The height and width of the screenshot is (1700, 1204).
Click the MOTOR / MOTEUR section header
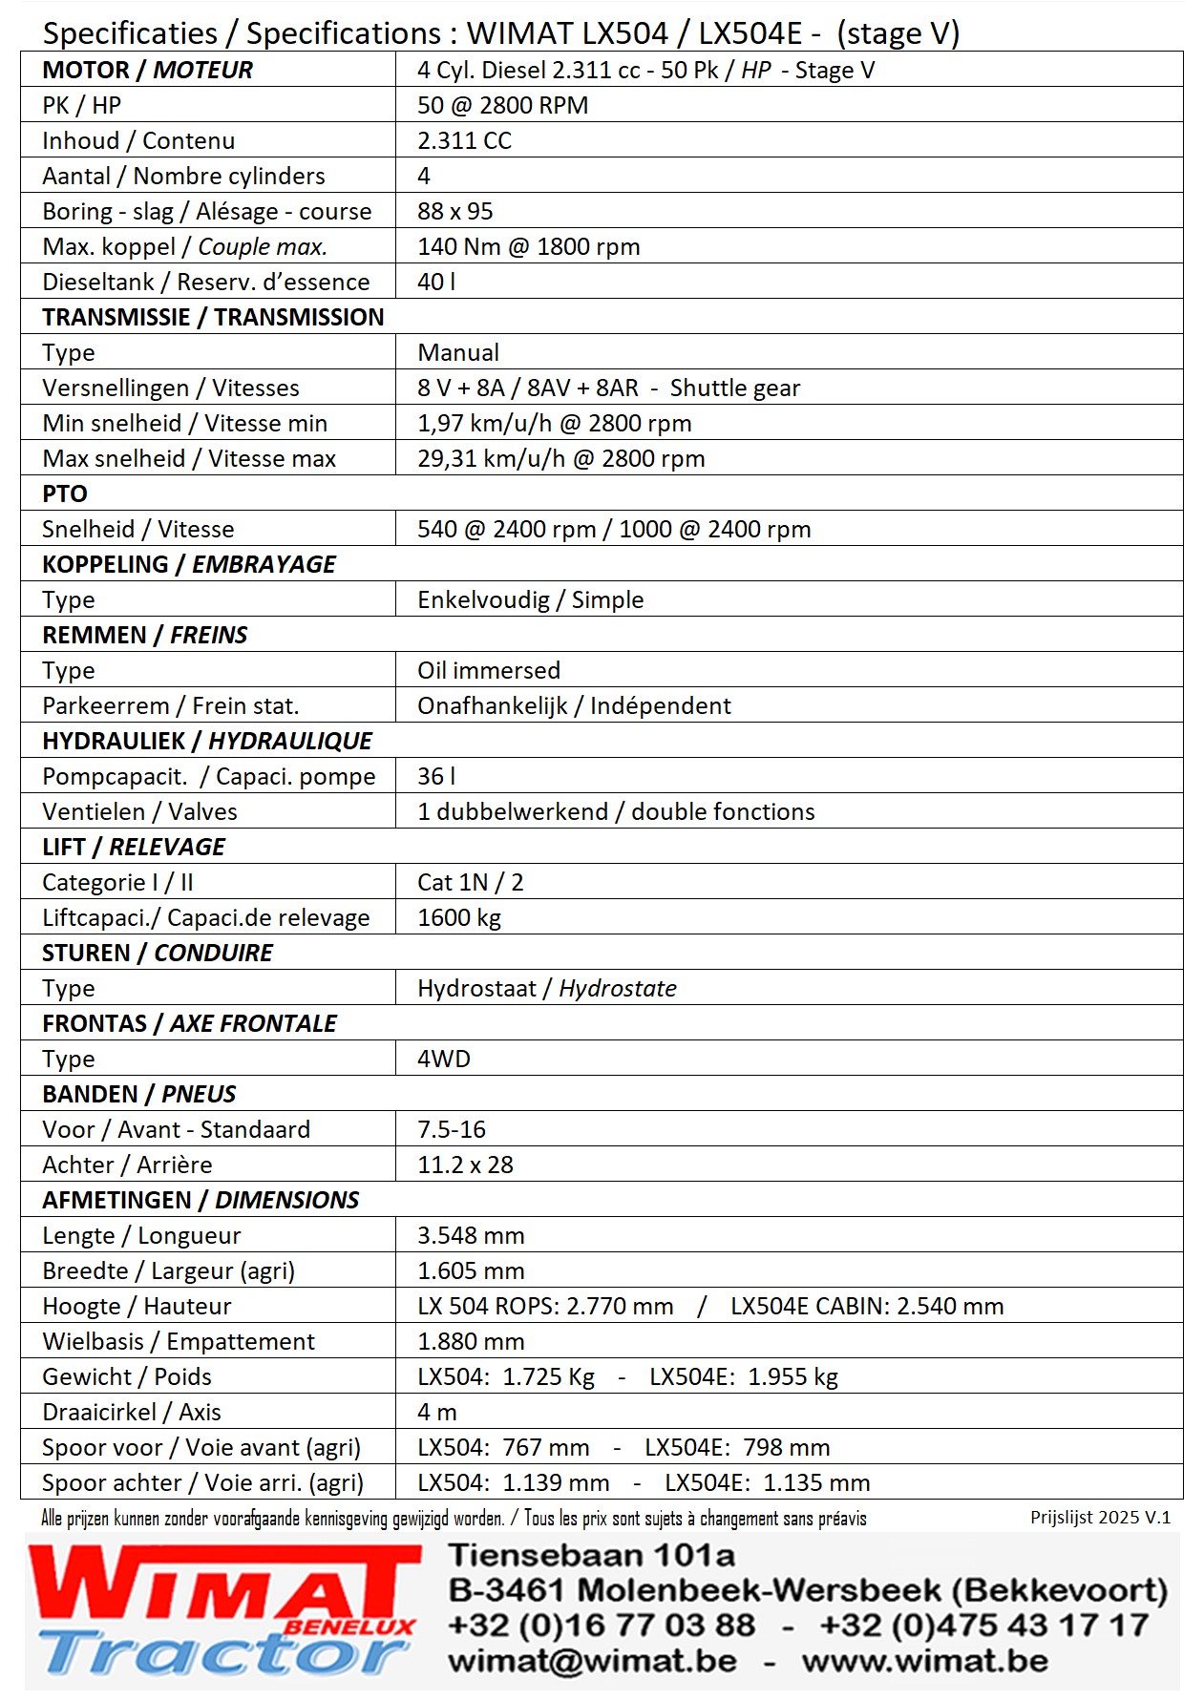tap(147, 71)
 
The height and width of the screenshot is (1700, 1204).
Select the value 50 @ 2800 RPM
tap(502, 106)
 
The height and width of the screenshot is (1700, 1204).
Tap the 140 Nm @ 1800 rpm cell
tap(528, 247)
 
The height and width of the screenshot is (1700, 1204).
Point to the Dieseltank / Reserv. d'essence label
tap(205, 283)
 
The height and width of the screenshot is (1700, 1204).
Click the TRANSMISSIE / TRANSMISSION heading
tap(213, 318)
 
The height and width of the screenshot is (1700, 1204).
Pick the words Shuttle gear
tap(734, 388)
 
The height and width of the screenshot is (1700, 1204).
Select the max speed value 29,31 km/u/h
tap(491, 459)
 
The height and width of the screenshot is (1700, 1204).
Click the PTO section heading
tap(65, 494)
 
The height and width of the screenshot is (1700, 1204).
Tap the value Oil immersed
tap(488, 671)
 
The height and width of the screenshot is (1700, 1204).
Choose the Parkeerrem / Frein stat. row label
tap(170, 706)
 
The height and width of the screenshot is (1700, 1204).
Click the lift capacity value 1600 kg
tap(458, 918)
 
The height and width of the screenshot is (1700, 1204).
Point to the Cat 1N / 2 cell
tap(470, 883)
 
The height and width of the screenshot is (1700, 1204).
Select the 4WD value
tap(443, 1060)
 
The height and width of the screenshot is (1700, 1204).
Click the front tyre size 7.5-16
tap(451, 1130)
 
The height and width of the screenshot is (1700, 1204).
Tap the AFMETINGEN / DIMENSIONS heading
tap(201, 1201)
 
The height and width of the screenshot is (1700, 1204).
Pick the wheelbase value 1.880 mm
tap(471, 1342)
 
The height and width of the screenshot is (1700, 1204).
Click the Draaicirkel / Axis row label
tap(131, 1413)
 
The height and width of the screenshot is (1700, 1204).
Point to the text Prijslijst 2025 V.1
tap(1100, 1518)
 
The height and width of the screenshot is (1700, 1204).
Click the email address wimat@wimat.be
tap(592, 1662)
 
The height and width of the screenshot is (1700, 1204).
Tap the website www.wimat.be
tap(924, 1662)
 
